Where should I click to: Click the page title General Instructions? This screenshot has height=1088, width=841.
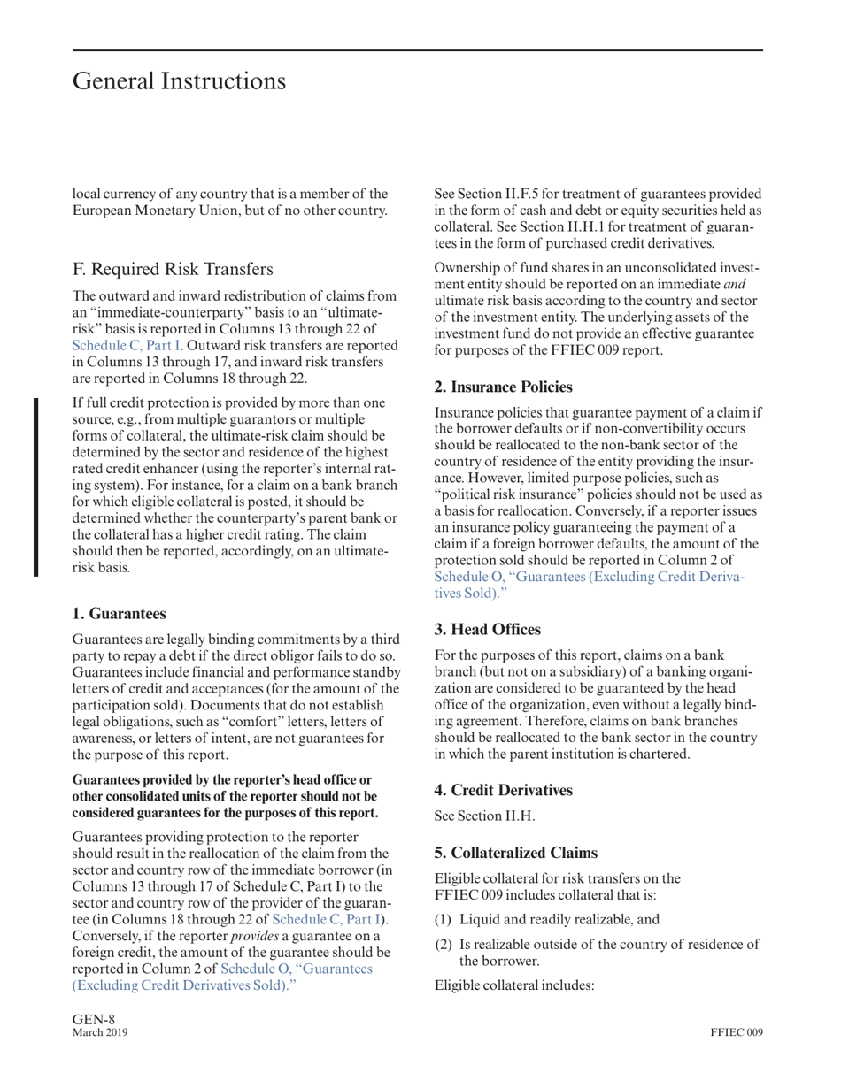point(179,81)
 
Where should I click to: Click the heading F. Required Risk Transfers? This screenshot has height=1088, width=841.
point(173,269)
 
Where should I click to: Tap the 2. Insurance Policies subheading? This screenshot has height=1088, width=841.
point(503,387)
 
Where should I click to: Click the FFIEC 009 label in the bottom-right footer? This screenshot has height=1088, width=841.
point(736,1032)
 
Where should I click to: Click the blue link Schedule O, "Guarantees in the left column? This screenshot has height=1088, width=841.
point(297,969)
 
